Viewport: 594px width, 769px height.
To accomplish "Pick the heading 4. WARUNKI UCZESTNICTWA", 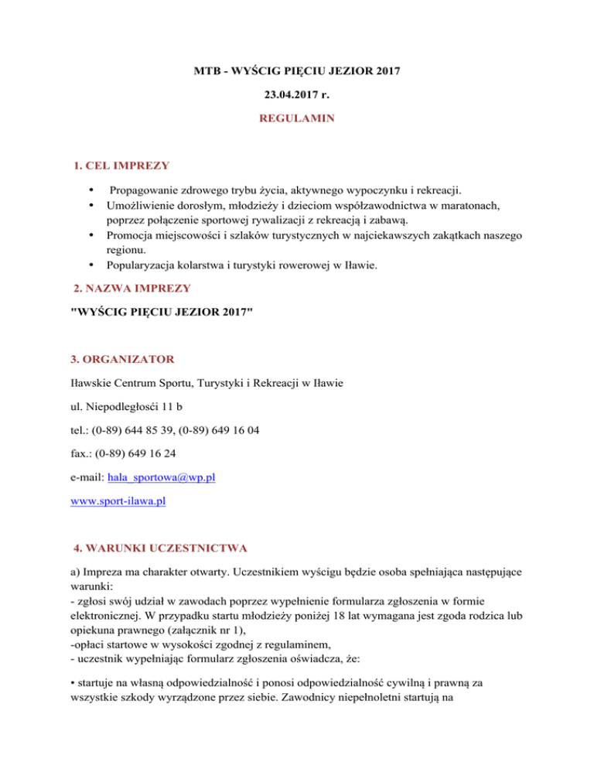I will point(158,548).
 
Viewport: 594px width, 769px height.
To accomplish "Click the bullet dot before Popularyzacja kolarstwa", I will point(91,267).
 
